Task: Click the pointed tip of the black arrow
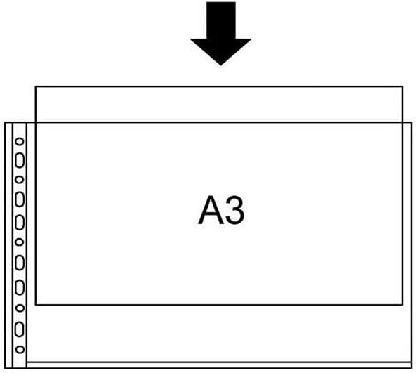(220, 65)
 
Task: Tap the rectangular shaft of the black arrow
(221, 20)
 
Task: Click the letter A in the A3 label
(211, 210)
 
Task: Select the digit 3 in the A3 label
(235, 210)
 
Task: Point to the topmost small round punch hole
(20, 141)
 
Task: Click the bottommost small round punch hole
(20, 349)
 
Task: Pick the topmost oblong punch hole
(20, 160)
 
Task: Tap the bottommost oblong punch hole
(19, 329)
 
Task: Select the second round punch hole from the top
(19, 180)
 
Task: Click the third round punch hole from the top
(19, 242)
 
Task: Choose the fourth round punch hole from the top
(20, 308)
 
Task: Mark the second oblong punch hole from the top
(20, 199)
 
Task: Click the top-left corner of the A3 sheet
(36, 86)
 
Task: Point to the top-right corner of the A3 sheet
(402, 86)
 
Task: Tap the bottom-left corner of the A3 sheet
(36, 305)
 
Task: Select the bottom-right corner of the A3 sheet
(402, 305)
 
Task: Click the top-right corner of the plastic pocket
(411, 122)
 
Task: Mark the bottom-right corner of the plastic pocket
(411, 368)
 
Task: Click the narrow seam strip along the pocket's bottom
(219, 365)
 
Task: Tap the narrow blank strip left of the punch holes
(9, 245)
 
